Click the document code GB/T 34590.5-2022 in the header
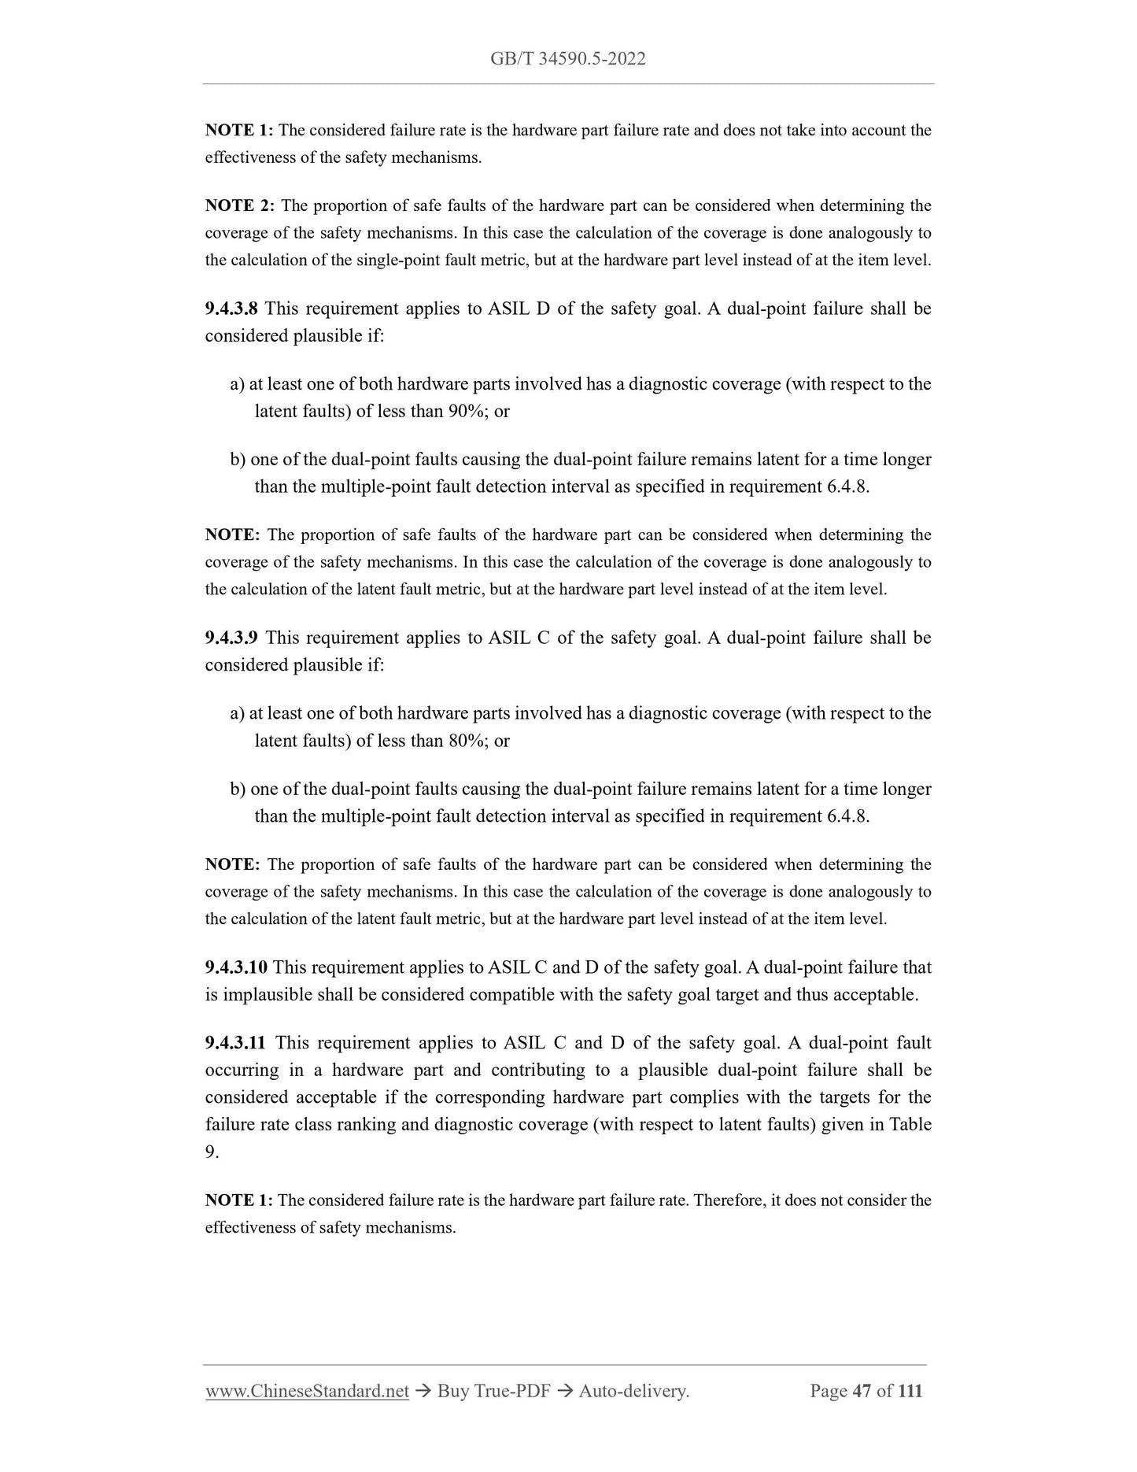click(x=567, y=59)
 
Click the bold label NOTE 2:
click(x=239, y=206)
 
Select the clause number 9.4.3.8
click(x=231, y=309)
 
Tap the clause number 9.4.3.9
click(x=231, y=638)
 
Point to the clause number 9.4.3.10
click(x=236, y=967)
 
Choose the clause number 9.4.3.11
click(x=235, y=1043)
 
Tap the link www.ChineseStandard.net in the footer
click(x=307, y=1391)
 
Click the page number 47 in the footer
click(x=862, y=1391)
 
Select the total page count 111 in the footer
click(x=910, y=1391)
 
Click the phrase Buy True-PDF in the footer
click(x=493, y=1391)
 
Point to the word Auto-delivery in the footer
click(x=633, y=1391)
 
